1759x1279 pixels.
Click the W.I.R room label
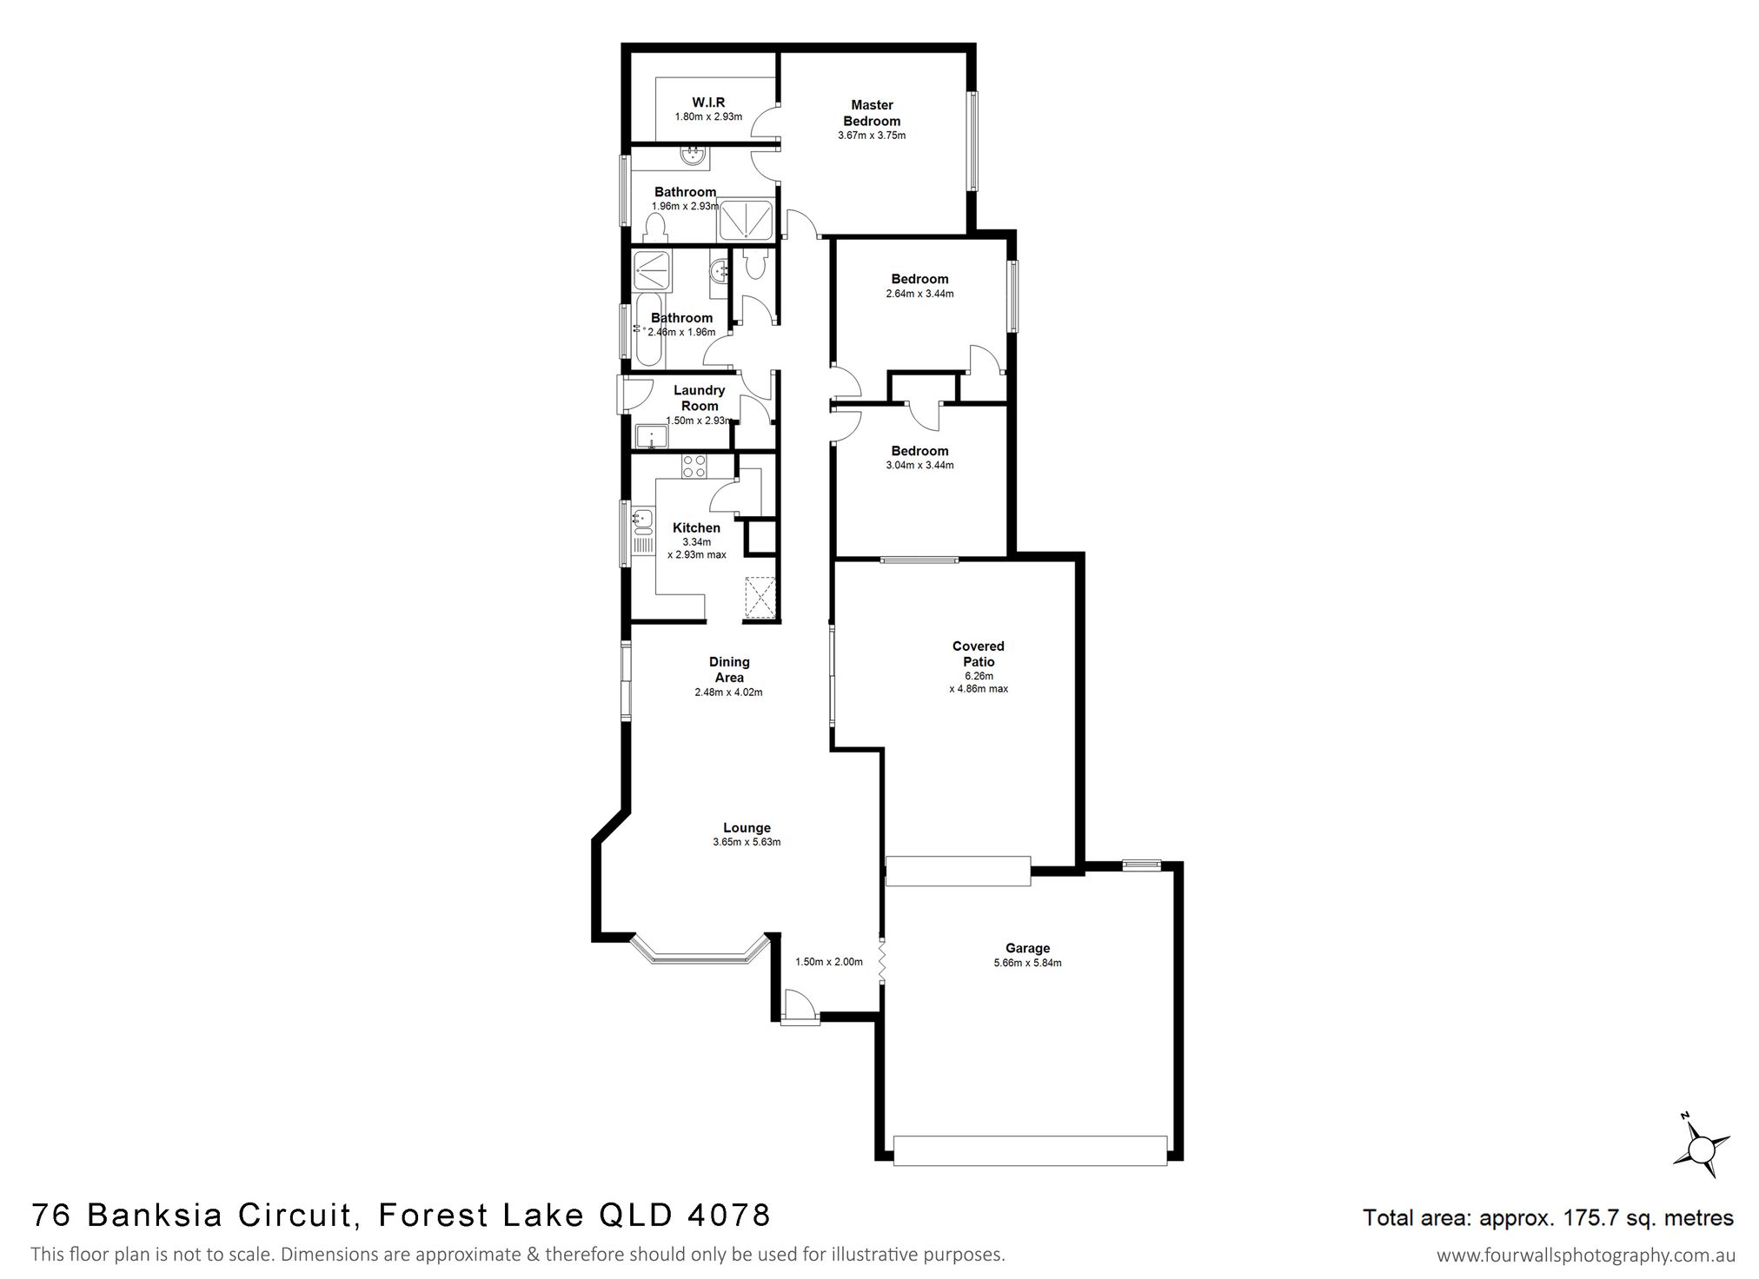(x=708, y=103)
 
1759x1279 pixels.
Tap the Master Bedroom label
(x=872, y=113)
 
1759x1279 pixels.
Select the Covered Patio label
(x=979, y=653)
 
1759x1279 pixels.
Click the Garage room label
(x=1028, y=948)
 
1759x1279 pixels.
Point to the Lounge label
(x=747, y=828)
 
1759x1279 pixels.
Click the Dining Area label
(x=729, y=670)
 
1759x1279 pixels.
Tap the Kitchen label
(x=696, y=527)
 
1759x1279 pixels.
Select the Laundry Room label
(x=700, y=398)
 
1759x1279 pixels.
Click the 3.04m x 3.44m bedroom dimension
(x=919, y=465)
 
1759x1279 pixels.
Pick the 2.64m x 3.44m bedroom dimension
(x=919, y=294)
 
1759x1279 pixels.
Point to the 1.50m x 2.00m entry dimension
(x=829, y=962)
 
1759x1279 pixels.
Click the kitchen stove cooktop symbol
(x=694, y=467)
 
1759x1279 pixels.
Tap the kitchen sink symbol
(x=643, y=520)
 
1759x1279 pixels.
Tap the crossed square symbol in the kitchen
(x=760, y=598)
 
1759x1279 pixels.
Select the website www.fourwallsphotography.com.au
(x=1586, y=1256)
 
